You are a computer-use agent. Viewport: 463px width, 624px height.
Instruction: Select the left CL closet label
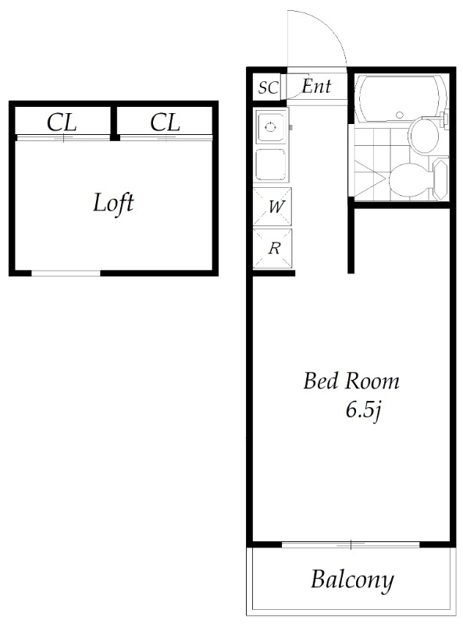tap(62, 122)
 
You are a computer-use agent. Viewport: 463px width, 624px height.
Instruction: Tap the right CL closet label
tap(165, 122)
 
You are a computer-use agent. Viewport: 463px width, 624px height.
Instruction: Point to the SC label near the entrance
tap(268, 87)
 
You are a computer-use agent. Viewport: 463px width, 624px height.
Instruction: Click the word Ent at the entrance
tap(316, 86)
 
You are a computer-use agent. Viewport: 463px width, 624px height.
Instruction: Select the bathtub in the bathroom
tap(401, 98)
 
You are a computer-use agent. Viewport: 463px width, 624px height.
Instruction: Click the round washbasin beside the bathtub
tap(424, 136)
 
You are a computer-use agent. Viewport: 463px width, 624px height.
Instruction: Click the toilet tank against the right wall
tap(440, 179)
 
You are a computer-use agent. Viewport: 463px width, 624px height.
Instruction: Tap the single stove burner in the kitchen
tap(271, 127)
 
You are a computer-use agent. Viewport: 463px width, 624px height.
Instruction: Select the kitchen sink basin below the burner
tap(271, 165)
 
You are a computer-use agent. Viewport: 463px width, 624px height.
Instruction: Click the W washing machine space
tap(272, 207)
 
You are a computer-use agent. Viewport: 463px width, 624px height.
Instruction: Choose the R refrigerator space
tap(272, 248)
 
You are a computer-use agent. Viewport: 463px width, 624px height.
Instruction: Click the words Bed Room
tap(351, 381)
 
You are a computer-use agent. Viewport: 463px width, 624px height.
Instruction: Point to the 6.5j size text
tap(364, 410)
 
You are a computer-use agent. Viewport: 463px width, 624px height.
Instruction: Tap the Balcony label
tap(352, 580)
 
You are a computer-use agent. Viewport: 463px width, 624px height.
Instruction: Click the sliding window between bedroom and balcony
tap(351, 544)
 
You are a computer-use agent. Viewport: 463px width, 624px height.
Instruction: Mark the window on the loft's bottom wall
tap(66, 273)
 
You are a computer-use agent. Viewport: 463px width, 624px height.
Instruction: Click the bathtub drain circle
tap(400, 115)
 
